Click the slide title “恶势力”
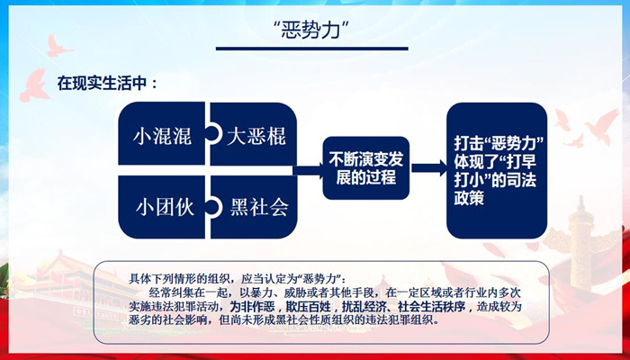[x=311, y=30]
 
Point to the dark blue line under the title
[x=311, y=49]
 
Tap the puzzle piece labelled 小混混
[x=162, y=134]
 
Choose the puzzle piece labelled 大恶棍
[x=254, y=134]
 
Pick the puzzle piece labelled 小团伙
[x=162, y=207]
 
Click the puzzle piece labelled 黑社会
[x=254, y=207]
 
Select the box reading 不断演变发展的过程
[x=366, y=168]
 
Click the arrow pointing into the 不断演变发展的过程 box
[x=308, y=170]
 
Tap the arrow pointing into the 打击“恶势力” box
[x=429, y=168]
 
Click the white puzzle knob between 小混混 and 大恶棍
[x=214, y=133]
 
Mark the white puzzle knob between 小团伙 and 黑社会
[x=214, y=207]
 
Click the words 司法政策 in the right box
[x=495, y=189]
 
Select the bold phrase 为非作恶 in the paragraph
[x=252, y=308]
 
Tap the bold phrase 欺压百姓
[x=308, y=308]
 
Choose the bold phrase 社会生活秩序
[x=432, y=308]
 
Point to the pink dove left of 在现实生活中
[x=34, y=85]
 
